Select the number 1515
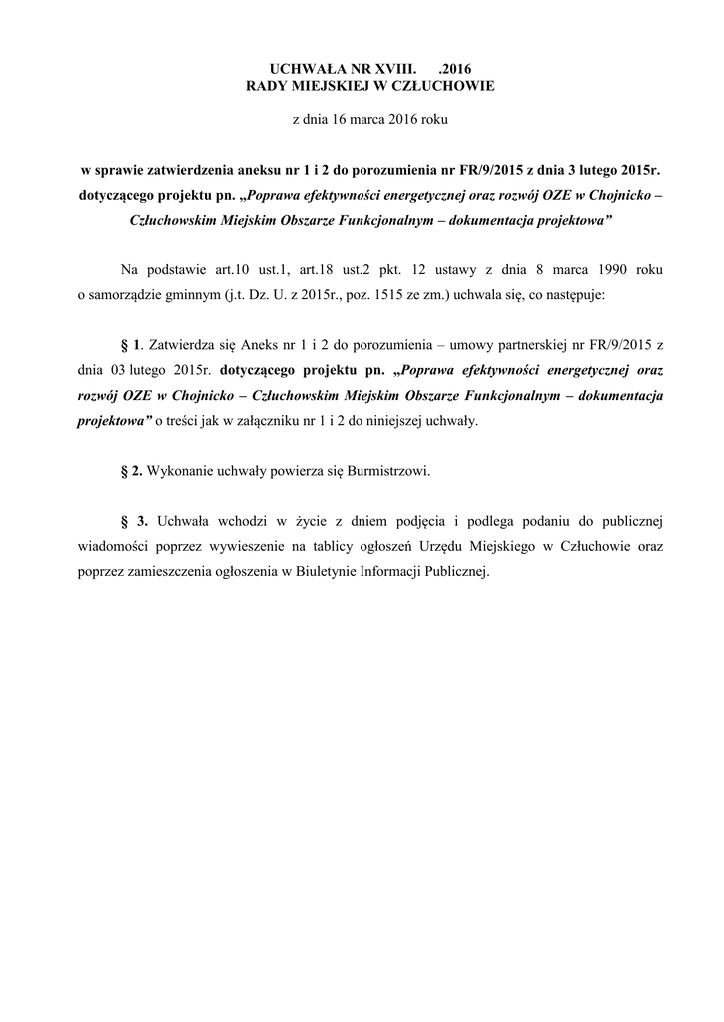[x=413, y=296]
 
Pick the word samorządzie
[x=125, y=296]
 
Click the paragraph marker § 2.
[x=129, y=470]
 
